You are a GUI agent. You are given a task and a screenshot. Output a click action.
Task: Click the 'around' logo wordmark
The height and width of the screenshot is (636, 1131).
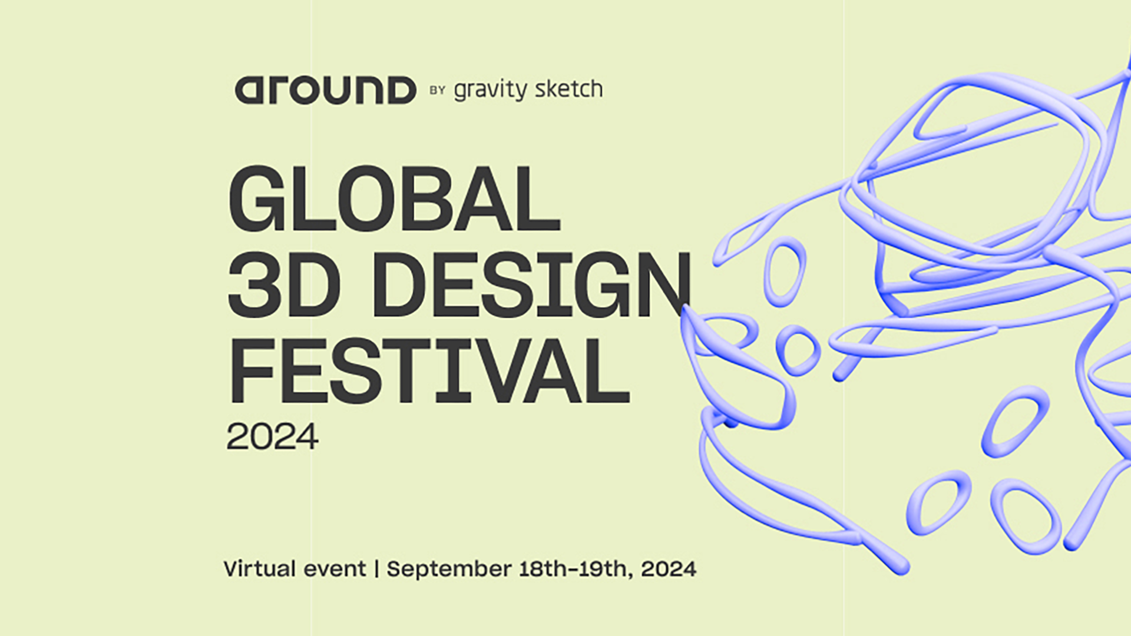coord(325,90)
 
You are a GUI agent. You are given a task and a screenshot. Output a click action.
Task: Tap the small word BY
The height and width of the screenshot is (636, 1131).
coord(437,90)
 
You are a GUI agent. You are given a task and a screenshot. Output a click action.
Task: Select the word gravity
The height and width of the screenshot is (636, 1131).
coord(491,90)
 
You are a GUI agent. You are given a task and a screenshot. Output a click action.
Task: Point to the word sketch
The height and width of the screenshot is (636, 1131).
coord(569,89)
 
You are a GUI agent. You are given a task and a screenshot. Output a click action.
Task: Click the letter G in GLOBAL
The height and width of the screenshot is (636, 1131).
coord(259,199)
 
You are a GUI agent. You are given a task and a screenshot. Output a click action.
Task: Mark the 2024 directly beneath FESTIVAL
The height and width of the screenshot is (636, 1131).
coord(272,437)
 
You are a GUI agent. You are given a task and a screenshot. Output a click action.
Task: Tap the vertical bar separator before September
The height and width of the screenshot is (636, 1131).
coord(376,569)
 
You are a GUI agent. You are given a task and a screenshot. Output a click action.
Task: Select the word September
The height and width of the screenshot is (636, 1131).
coord(449,570)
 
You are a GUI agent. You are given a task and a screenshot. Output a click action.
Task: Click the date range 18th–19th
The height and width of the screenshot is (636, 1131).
coord(573,569)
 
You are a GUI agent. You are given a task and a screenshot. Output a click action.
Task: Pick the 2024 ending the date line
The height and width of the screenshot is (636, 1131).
coord(669,569)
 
